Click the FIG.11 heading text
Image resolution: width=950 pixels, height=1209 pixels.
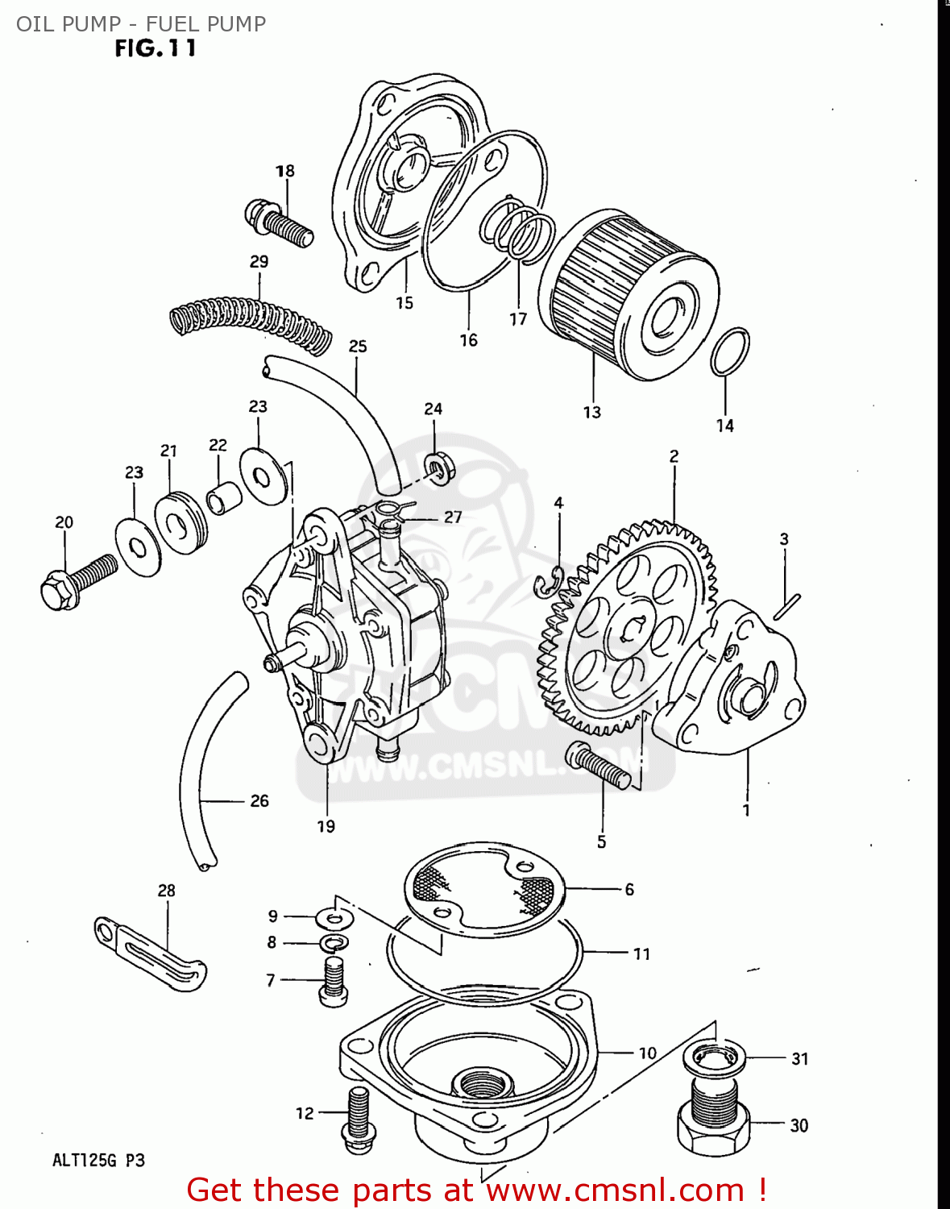tap(155, 48)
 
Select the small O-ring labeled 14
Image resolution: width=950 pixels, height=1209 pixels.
tap(729, 352)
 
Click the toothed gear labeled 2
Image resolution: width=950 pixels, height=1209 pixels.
tap(628, 629)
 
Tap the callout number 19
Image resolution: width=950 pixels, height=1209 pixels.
tap(326, 826)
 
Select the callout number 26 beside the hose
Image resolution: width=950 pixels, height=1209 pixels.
tap(259, 800)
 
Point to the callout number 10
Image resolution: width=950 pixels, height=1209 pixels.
tap(648, 1053)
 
